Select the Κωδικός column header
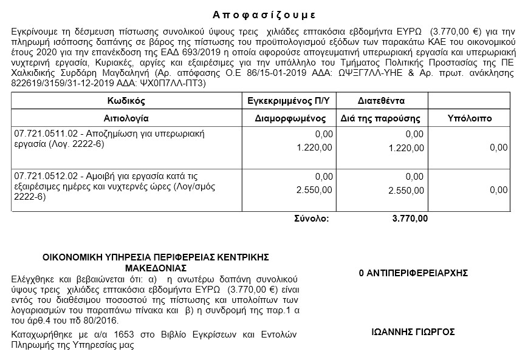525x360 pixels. coord(126,100)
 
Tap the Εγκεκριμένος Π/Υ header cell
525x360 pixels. coord(288,100)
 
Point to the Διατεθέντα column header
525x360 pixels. coord(382,100)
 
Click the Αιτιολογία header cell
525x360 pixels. coord(126,118)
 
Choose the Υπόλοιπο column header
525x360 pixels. coord(469,118)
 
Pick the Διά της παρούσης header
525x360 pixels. coord(382,118)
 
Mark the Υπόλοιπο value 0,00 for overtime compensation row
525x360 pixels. coord(498,148)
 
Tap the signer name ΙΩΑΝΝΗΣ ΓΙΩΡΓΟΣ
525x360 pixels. coord(413,332)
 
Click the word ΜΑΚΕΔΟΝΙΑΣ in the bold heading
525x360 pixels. coord(156,268)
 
